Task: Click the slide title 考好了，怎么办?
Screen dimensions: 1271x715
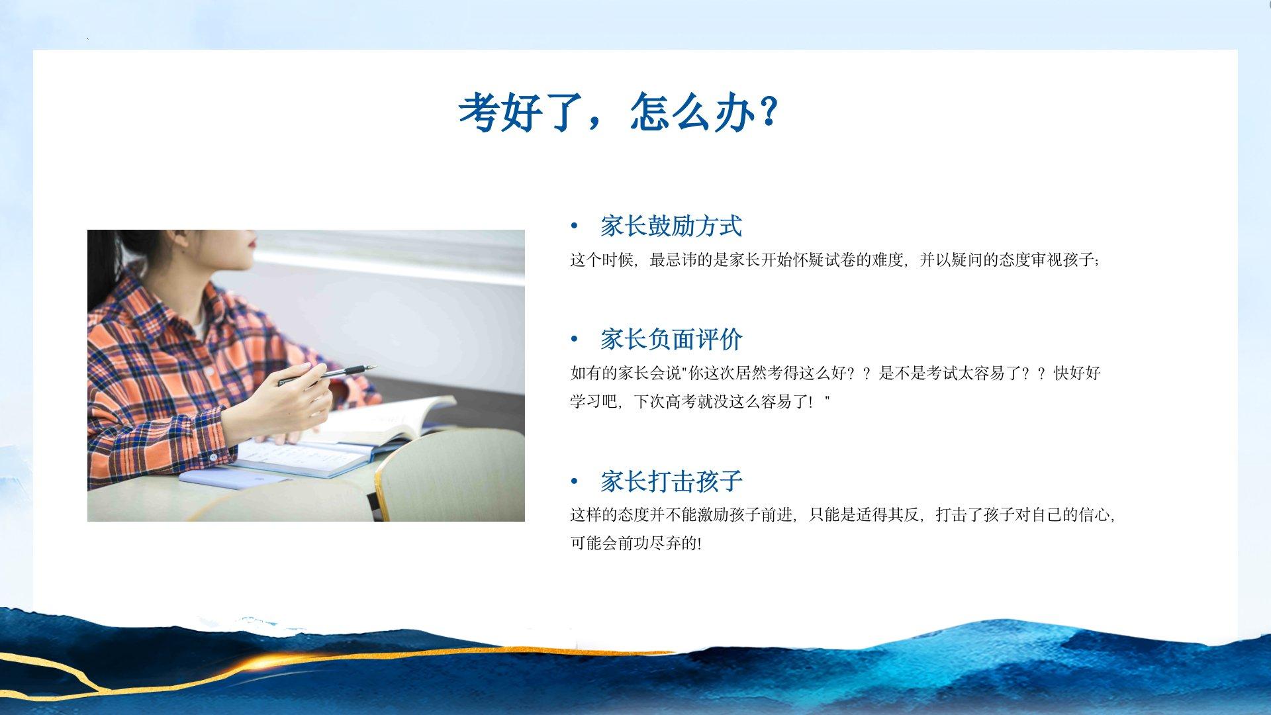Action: [x=618, y=112]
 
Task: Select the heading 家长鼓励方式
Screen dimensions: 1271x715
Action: [x=671, y=226]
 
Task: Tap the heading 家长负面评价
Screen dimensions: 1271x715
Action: [x=671, y=340]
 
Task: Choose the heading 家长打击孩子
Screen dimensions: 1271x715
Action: [x=671, y=481]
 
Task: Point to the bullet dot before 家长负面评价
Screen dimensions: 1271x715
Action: [x=574, y=340]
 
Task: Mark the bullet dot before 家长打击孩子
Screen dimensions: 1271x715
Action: [x=574, y=482]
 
